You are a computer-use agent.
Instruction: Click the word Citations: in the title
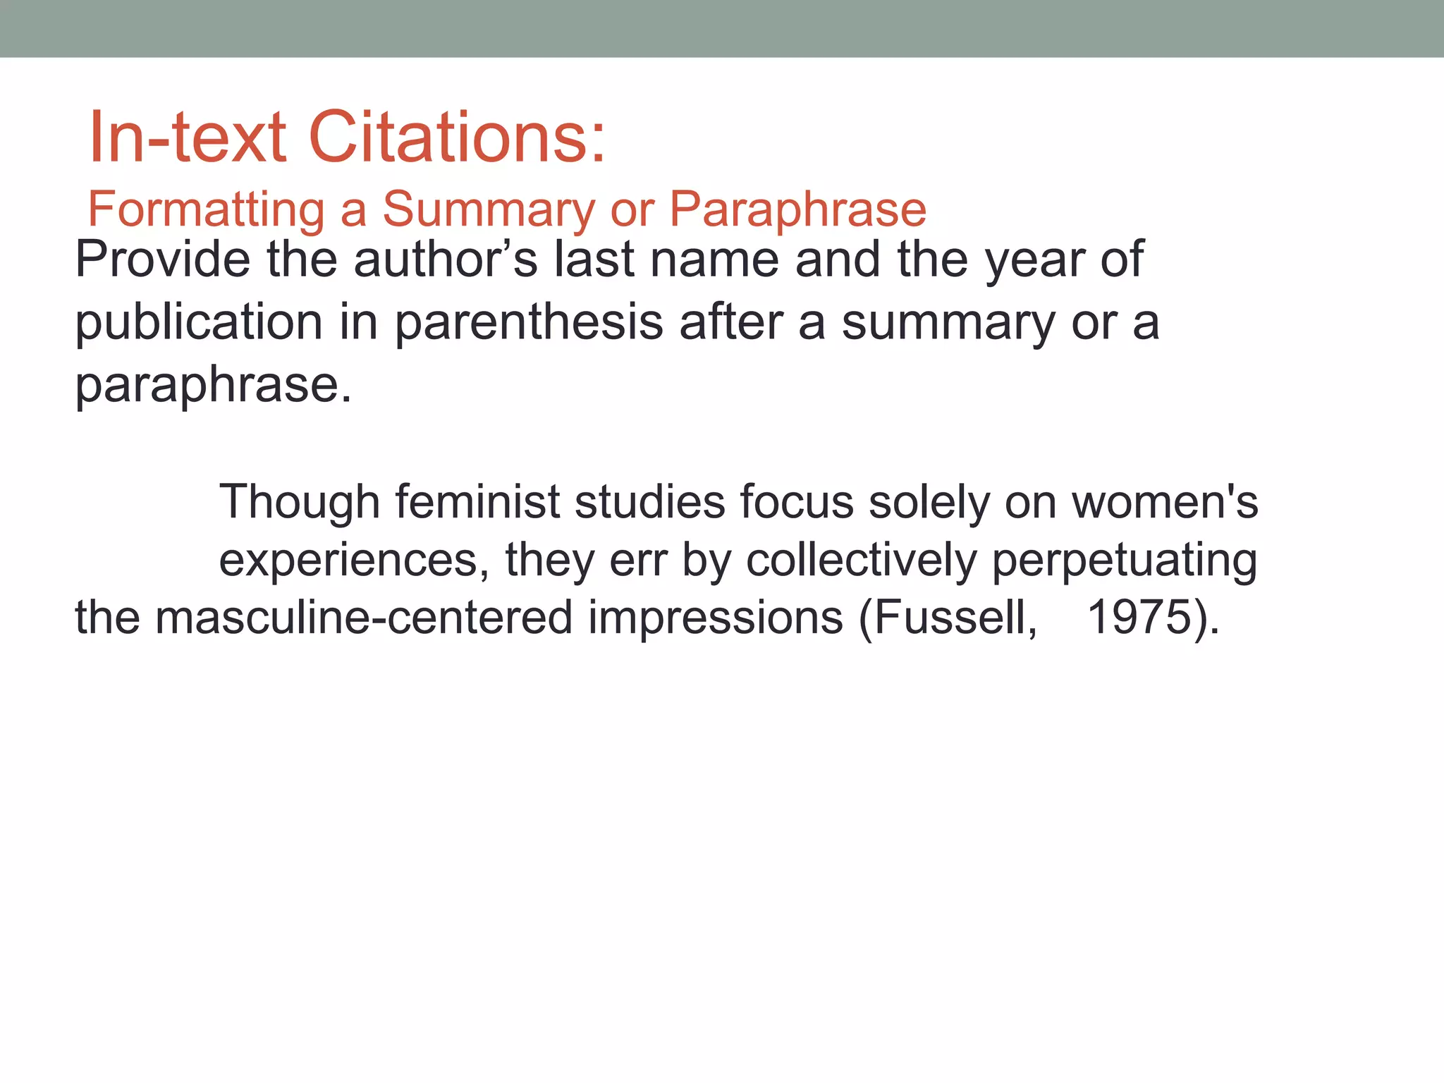click(457, 137)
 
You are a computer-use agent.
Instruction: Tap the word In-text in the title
click(188, 137)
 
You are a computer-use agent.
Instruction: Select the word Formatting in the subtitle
click(206, 210)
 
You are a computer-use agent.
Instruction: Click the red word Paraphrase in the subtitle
click(797, 210)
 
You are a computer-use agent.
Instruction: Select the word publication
click(199, 323)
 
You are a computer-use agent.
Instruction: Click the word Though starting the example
click(300, 503)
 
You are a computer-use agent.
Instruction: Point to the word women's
click(1165, 503)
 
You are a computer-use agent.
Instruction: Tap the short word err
click(638, 561)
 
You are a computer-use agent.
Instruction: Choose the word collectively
click(862, 561)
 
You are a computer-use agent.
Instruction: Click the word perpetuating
click(1125, 561)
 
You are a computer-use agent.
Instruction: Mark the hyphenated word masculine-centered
click(364, 618)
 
